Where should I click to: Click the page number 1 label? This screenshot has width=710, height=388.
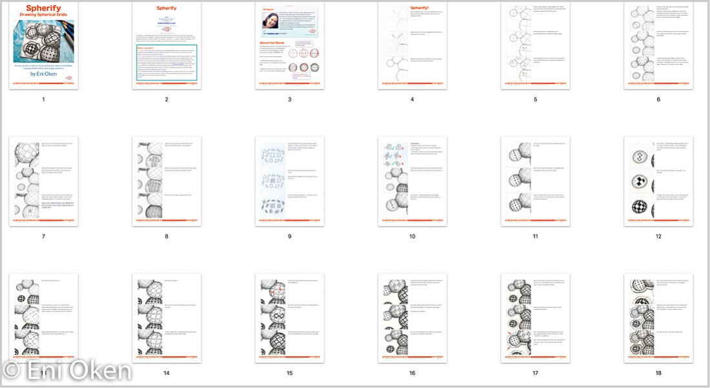click(x=43, y=100)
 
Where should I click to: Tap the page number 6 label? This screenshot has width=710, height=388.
click(x=658, y=100)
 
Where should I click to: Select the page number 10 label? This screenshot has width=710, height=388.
click(x=412, y=236)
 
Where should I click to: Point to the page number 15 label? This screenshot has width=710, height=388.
click(x=289, y=373)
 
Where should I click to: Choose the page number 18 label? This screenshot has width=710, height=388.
click(x=658, y=373)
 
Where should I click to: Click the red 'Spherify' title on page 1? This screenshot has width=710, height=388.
click(x=44, y=8)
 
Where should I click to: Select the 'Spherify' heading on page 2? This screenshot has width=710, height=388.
click(x=167, y=8)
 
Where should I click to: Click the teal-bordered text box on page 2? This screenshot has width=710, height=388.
click(x=167, y=62)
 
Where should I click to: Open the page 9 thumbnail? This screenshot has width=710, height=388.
click(x=289, y=181)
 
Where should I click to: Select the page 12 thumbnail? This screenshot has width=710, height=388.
click(x=658, y=181)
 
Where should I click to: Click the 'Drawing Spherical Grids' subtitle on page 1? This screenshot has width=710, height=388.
click(x=44, y=15)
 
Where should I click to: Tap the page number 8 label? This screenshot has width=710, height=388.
click(x=167, y=236)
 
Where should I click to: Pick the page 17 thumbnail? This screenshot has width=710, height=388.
click(x=535, y=318)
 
